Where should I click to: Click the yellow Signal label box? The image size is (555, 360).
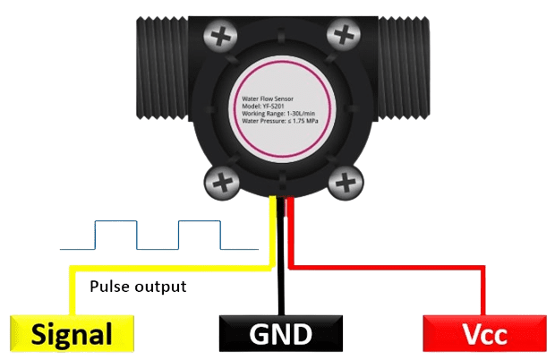click(x=72, y=334)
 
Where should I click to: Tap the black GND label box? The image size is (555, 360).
click(x=280, y=334)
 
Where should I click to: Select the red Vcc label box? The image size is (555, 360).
click(x=484, y=334)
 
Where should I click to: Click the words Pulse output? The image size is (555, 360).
click(x=138, y=287)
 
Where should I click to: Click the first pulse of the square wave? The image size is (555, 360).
click(x=116, y=235)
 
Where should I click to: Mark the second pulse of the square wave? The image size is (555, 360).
click(x=199, y=235)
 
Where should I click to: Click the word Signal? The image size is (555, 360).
click(x=72, y=335)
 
